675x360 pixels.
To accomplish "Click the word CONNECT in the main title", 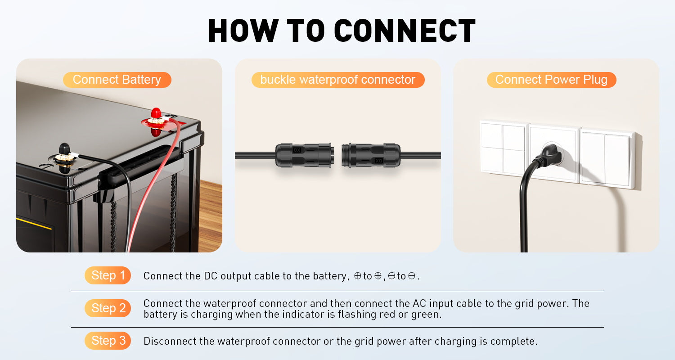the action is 405,31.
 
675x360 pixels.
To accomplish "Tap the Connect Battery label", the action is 117,80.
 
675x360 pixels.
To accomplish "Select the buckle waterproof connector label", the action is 338,80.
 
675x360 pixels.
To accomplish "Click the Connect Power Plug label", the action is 551,80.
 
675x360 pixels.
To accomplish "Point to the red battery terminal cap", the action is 156,113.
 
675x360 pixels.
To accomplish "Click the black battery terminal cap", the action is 64,148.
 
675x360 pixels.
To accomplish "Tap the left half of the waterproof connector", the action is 304,155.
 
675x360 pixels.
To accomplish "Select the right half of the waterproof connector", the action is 371,155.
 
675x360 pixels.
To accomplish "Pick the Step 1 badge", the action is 108,275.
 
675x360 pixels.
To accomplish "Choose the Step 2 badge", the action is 108,308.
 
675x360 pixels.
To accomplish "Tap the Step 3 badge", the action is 108,341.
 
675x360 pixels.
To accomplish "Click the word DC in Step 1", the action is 210,276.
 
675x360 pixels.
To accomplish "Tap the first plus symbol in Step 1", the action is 358,276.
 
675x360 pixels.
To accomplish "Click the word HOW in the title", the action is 243,31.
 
